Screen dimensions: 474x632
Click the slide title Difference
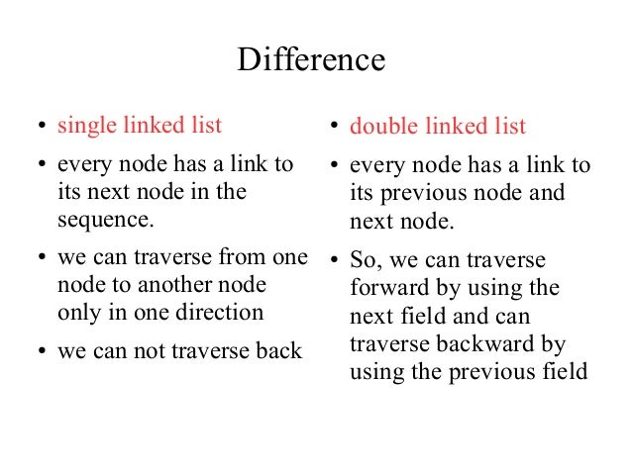[310, 61]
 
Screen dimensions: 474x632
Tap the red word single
[86, 126]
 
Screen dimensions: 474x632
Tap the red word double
[380, 128]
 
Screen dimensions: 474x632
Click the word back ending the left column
[281, 351]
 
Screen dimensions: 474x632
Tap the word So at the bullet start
[366, 262]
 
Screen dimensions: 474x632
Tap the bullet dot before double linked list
[335, 128]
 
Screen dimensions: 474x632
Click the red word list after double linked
[509, 128]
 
